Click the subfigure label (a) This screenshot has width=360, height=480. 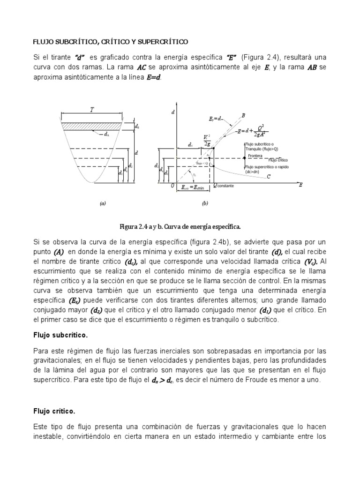pos(103,203)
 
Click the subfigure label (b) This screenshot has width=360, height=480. pos(205,203)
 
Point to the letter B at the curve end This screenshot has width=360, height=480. pos(243,115)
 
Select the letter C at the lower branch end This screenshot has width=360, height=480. pos(268,177)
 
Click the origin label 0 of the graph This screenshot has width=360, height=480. pos(172,186)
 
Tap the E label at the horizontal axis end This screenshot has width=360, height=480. pos(300,185)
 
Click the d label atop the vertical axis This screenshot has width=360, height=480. pos(173,112)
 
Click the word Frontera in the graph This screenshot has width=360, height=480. pos(255,155)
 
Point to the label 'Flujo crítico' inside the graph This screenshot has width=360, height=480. pos(278,160)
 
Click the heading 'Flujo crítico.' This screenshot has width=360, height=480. pos(54,411)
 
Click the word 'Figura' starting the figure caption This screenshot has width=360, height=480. pos(129,227)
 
